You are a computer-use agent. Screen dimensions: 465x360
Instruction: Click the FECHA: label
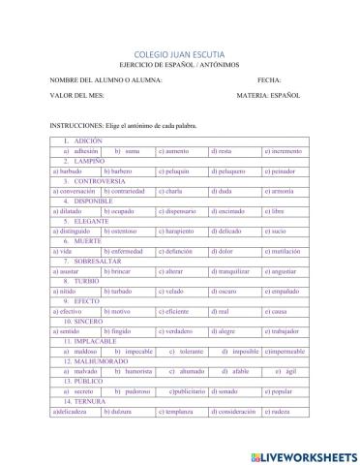[269, 80]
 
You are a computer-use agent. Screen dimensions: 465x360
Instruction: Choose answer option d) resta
[222, 152]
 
